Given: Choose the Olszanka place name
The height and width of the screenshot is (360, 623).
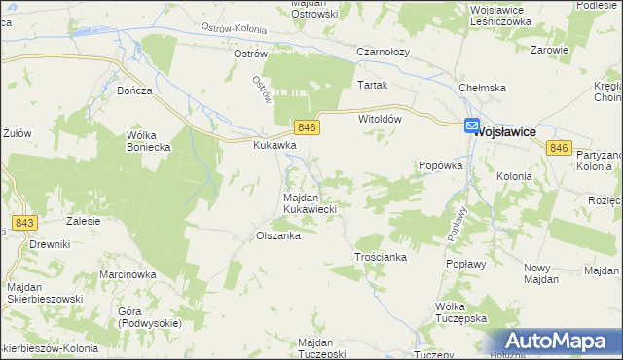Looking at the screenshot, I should click(x=276, y=235).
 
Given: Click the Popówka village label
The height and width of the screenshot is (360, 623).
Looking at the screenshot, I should click(x=439, y=166).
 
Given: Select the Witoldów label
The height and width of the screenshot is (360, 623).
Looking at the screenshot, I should click(x=381, y=118).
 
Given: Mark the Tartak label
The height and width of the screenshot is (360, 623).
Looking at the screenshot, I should click(x=372, y=85).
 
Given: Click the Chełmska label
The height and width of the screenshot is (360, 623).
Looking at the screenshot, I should click(x=483, y=89).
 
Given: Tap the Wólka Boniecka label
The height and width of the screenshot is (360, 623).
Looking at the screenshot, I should click(x=149, y=141).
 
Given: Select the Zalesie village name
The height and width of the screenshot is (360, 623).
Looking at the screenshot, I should click(x=84, y=221).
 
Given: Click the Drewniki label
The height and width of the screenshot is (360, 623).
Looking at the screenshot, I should click(x=50, y=243).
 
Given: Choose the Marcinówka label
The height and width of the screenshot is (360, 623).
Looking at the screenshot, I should click(x=128, y=274).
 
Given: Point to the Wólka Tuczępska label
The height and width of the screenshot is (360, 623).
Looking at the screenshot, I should click(x=460, y=312).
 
